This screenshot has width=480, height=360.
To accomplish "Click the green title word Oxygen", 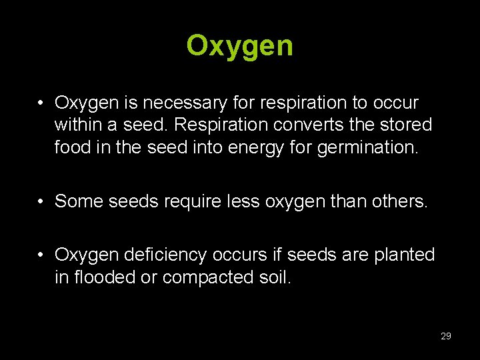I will click(x=240, y=46).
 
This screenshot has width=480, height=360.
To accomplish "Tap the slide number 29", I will click(x=446, y=336).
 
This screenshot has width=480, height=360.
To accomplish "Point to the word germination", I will click(x=372, y=146).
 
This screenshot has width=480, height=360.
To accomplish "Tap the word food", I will click(x=71, y=146).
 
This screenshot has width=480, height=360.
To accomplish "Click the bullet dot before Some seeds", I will click(x=41, y=201).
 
